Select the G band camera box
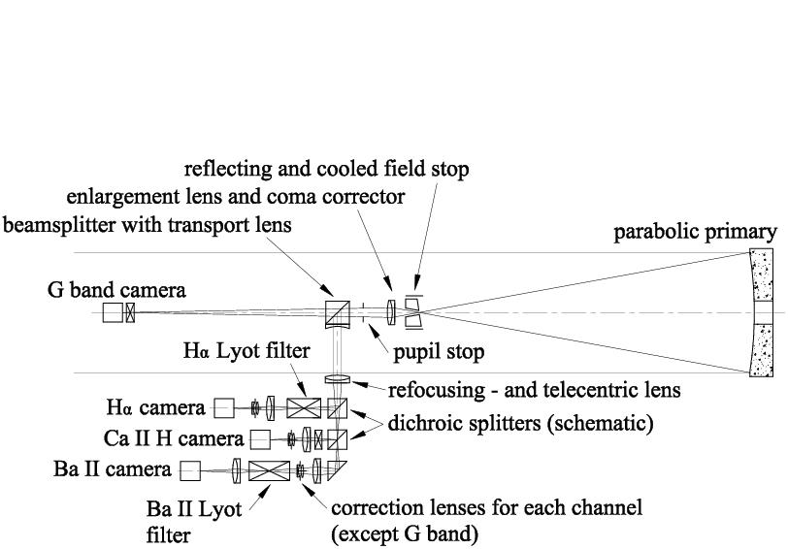tap(114, 312)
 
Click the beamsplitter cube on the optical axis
tap(337, 312)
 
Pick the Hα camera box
tap(225, 407)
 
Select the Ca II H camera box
tap(260, 438)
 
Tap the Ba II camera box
tap(189, 470)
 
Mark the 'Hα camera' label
tap(156, 407)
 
